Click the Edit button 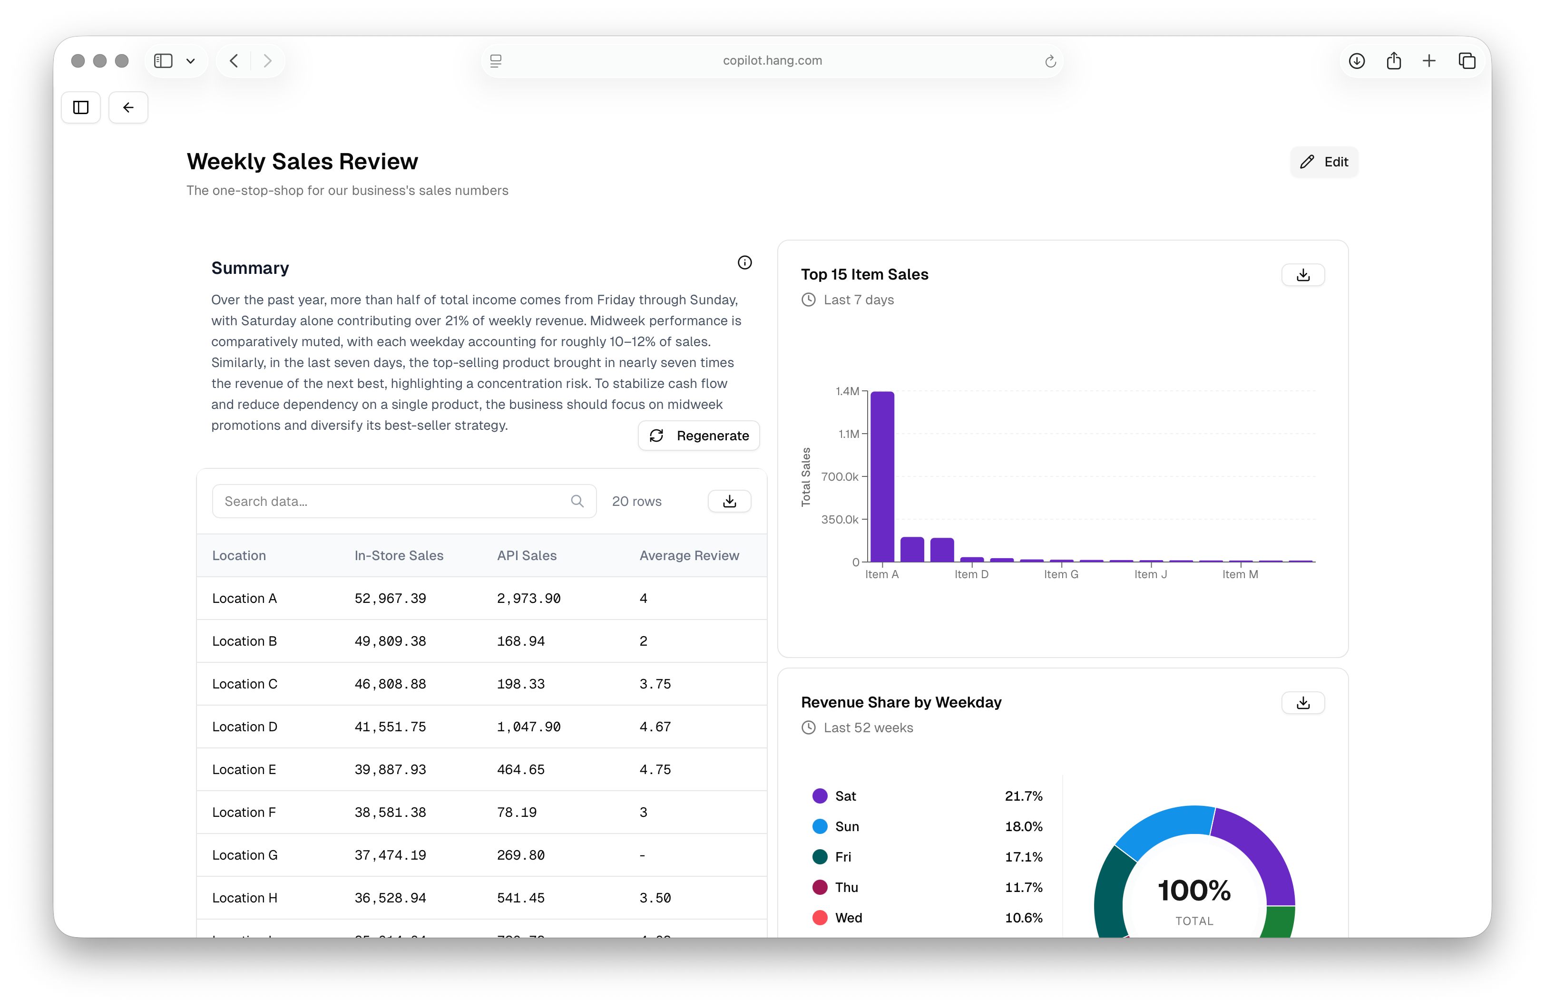[x=1324, y=162]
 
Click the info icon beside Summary [x=744, y=262]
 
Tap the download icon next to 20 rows [x=730, y=501]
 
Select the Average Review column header [x=689, y=556]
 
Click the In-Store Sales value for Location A [x=390, y=599]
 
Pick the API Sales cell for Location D [x=528, y=727]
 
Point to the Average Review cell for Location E [x=655, y=770]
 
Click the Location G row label [x=244, y=855]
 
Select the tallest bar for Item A [x=882, y=476]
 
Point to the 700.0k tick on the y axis [x=840, y=476]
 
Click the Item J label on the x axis [x=1150, y=574]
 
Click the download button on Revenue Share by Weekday [x=1303, y=703]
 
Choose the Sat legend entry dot [x=820, y=796]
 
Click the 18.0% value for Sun [x=1023, y=826]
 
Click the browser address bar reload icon [x=1050, y=61]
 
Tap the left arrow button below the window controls [x=128, y=108]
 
